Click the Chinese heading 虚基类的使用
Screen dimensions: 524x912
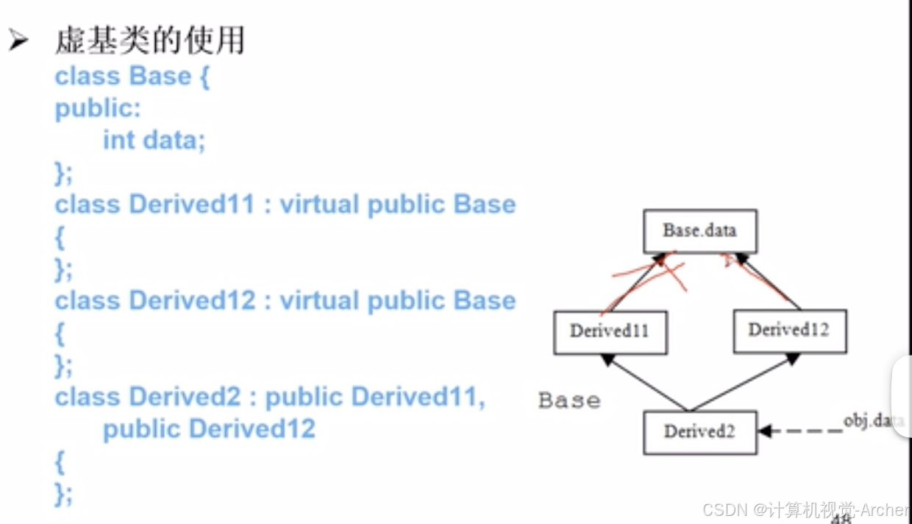click(x=149, y=40)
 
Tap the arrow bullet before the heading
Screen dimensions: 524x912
click(x=18, y=40)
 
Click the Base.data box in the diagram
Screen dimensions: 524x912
click(x=699, y=231)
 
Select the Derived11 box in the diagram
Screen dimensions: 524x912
click(x=610, y=331)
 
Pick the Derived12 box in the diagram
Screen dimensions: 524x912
click(x=789, y=330)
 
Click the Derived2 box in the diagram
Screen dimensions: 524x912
click(x=699, y=432)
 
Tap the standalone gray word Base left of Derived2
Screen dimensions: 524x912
click(x=569, y=401)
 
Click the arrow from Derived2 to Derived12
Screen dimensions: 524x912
click(x=744, y=382)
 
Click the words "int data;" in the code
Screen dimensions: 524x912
click(x=154, y=140)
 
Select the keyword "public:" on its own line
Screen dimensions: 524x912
click(x=97, y=108)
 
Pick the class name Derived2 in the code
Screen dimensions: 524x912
click(x=185, y=397)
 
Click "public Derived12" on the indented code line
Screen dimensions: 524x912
click(x=209, y=428)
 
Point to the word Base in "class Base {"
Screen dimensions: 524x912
click(x=160, y=76)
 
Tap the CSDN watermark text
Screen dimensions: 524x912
click(x=805, y=509)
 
